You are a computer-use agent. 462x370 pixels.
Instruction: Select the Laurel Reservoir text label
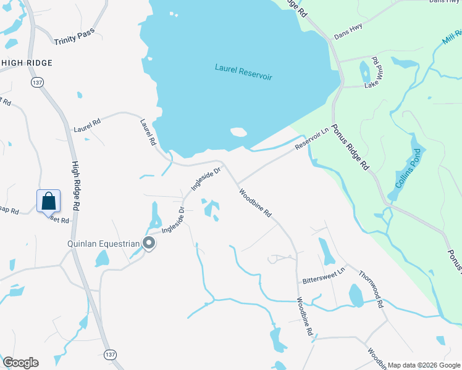[x=243, y=72]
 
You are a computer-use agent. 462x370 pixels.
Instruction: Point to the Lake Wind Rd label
[x=373, y=73]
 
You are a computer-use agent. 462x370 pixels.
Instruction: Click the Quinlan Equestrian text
[x=104, y=244]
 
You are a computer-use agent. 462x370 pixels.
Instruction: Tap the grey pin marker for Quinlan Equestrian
[x=149, y=243]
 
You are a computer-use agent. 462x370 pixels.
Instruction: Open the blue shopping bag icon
[x=49, y=201]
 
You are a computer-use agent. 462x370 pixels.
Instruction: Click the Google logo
[x=20, y=363]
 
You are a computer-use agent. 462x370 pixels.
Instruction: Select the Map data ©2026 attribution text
[x=423, y=364]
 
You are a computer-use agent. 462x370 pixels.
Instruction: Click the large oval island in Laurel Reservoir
[x=238, y=132]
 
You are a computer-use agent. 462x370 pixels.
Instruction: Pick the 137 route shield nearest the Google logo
[x=110, y=354]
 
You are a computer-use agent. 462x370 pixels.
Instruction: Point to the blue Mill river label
[x=451, y=40]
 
